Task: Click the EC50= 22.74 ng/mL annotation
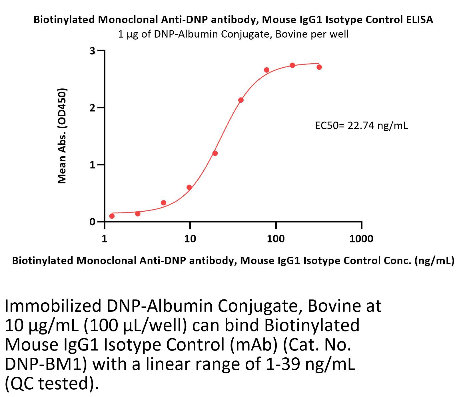pyautogui.click(x=361, y=125)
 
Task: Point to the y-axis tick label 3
pyautogui.click(x=92, y=51)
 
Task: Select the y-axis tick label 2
pyautogui.click(x=92, y=108)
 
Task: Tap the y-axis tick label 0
pyautogui.click(x=92, y=222)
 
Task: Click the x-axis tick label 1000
pyautogui.click(x=361, y=239)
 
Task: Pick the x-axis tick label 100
pyautogui.click(x=276, y=239)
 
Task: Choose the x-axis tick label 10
pyautogui.click(x=190, y=239)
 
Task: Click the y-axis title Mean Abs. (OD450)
pyautogui.click(x=62, y=136)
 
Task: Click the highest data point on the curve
pyautogui.click(x=292, y=65)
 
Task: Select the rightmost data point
pyautogui.click(x=319, y=67)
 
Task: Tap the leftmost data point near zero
pyautogui.click(x=112, y=216)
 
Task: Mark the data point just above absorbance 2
pyautogui.click(x=241, y=100)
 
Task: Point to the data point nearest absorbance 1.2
pyautogui.click(x=215, y=153)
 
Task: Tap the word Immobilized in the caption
pyautogui.click(x=53, y=306)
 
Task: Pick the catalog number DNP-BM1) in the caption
pyautogui.click(x=46, y=364)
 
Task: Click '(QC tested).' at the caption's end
pyautogui.click(x=52, y=383)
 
